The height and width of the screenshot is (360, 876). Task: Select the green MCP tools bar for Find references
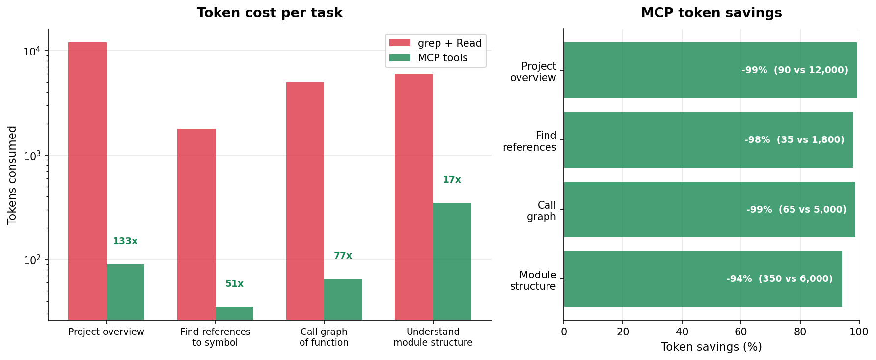234,313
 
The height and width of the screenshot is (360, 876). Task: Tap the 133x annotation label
125,241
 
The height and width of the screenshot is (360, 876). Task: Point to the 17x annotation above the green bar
452,180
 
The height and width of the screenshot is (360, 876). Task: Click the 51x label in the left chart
234,284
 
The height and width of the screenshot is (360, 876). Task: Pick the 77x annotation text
343,256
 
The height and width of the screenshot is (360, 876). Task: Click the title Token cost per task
270,13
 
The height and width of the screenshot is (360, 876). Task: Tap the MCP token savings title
711,13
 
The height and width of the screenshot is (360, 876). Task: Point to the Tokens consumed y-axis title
12,175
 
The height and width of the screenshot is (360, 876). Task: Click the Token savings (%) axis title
711,347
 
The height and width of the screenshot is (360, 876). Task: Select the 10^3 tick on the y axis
33,156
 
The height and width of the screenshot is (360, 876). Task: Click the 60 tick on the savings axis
740,332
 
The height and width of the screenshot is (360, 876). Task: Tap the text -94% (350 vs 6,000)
779,279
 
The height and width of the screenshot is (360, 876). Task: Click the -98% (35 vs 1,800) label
794,140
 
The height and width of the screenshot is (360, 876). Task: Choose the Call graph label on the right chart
542,211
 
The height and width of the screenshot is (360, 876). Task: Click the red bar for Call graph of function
305,201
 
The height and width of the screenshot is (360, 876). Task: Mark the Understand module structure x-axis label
433,337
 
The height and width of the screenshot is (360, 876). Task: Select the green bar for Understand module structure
452,261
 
